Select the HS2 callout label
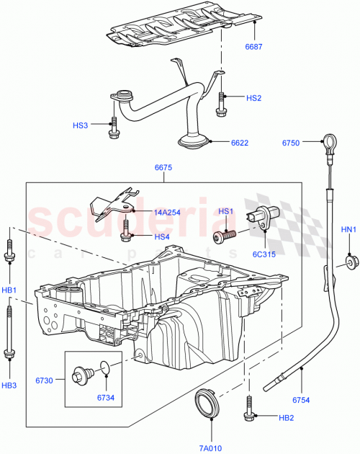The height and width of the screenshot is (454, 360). (x=253, y=98)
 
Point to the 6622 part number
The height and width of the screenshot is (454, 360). (x=240, y=143)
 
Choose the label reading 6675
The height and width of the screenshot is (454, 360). (x=163, y=168)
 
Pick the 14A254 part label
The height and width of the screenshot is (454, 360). (x=168, y=213)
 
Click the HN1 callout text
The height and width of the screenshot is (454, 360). (x=348, y=231)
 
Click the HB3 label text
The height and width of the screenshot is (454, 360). (x=9, y=386)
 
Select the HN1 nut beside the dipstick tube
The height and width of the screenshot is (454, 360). (x=350, y=262)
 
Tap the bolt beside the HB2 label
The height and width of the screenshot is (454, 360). (x=248, y=410)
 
